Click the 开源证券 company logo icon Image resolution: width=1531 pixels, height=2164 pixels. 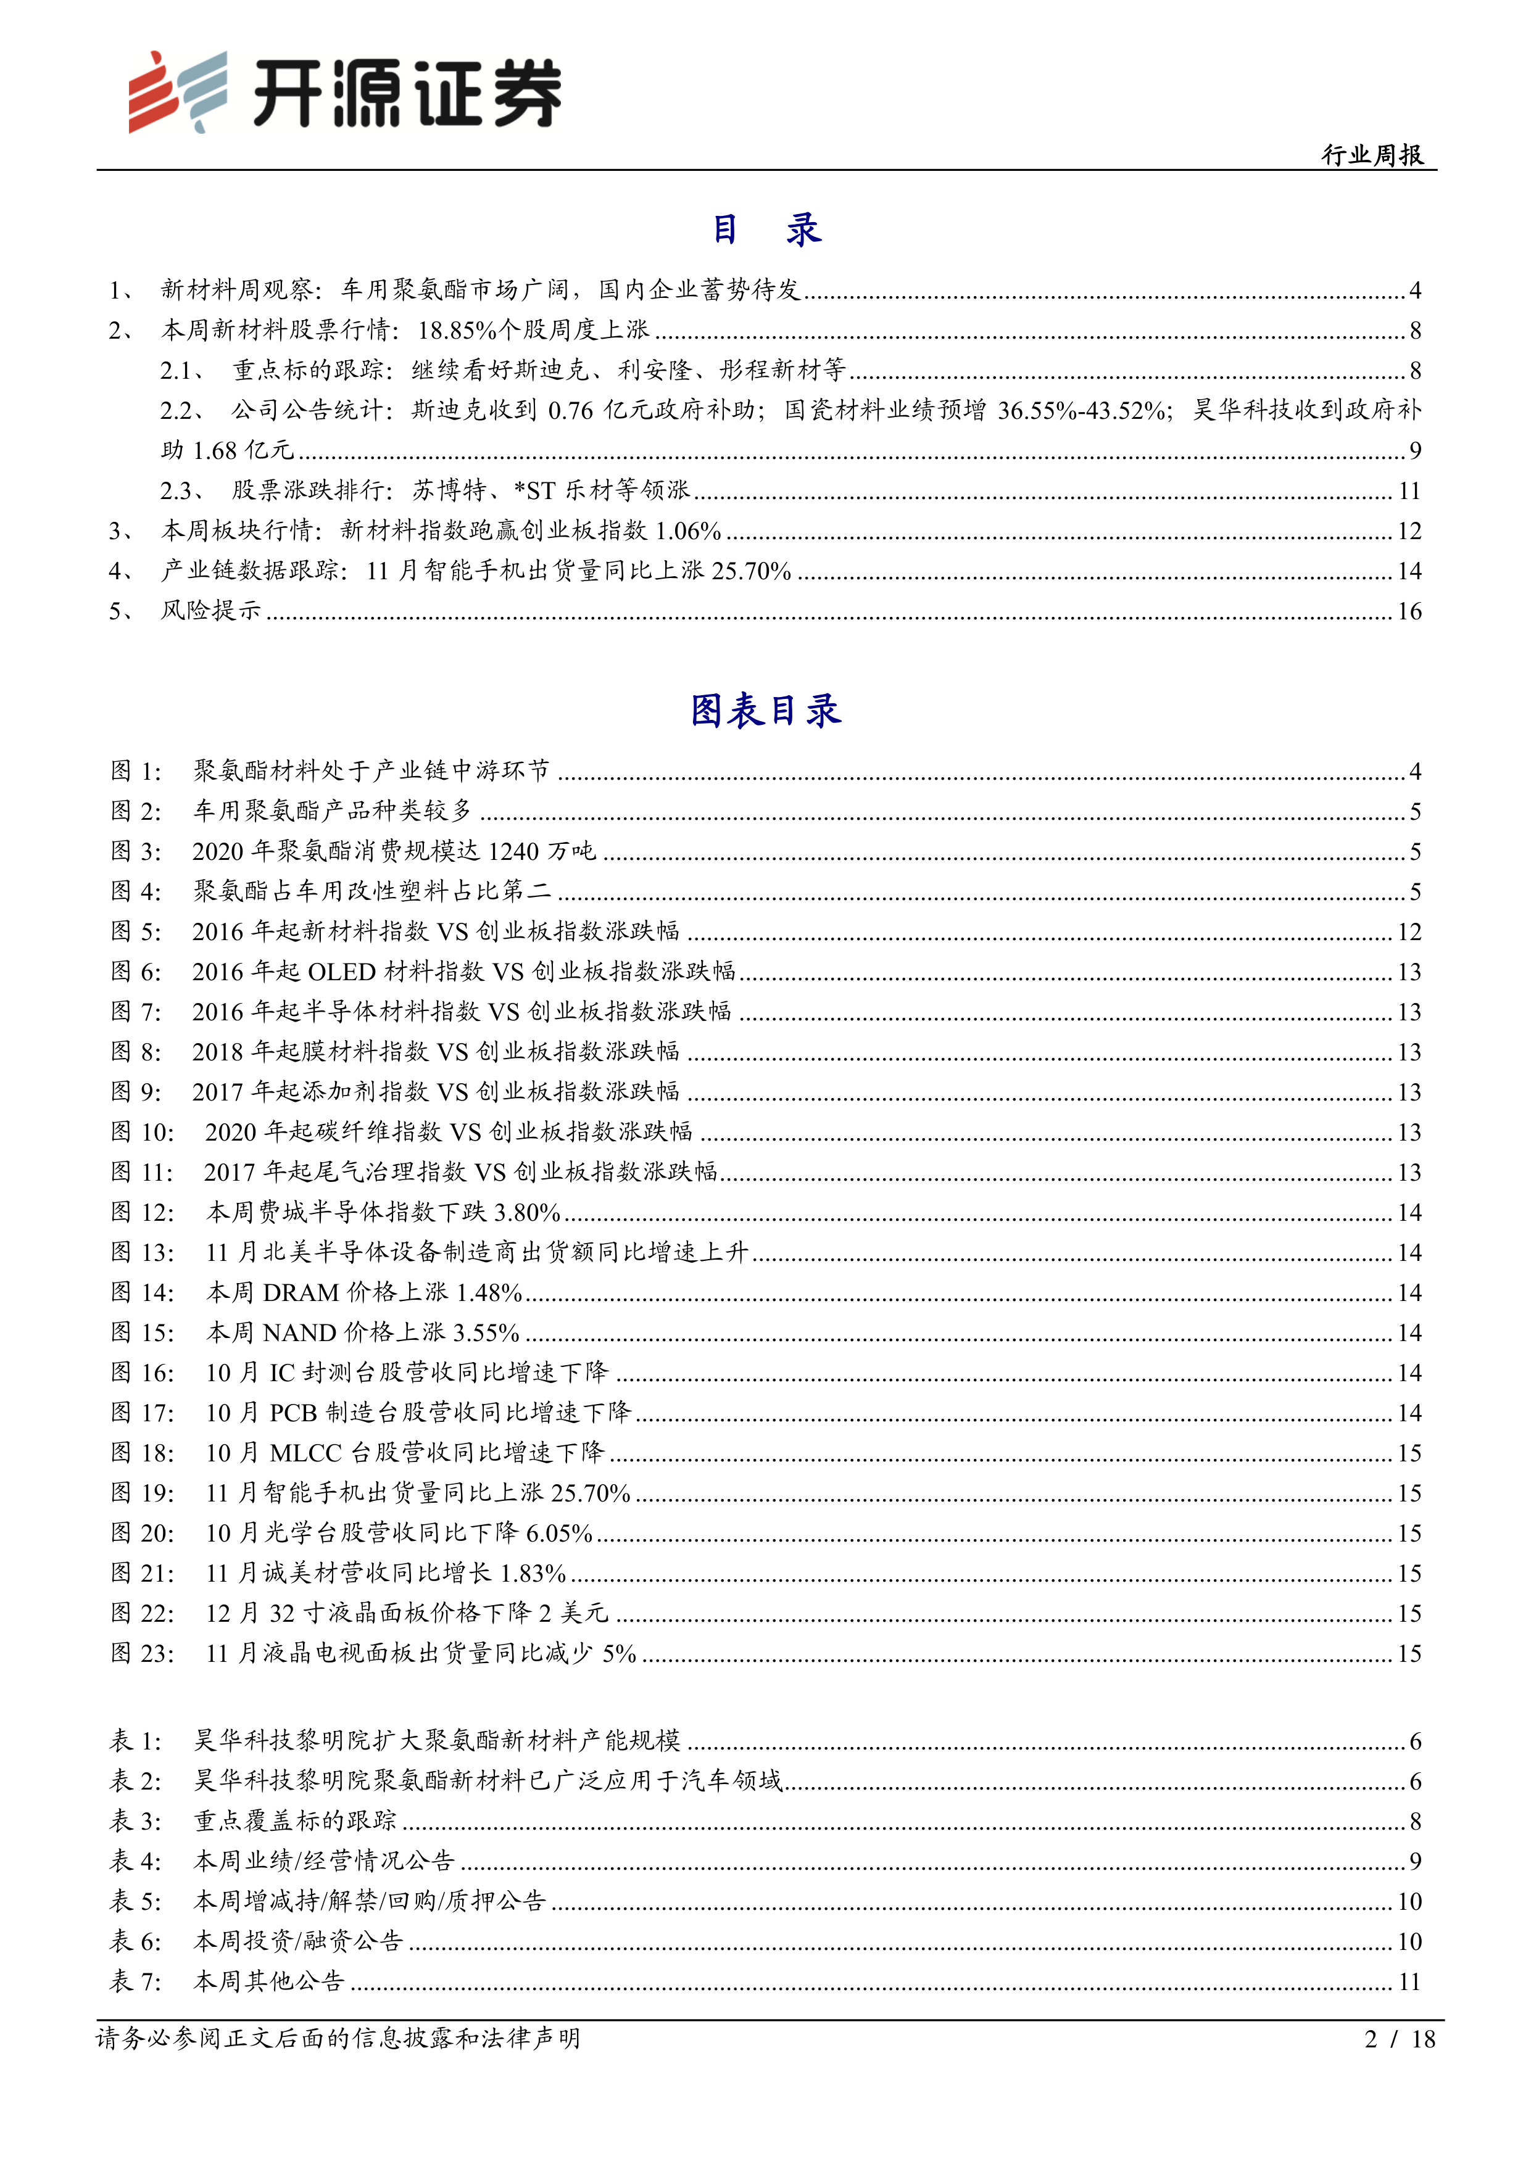click(178, 91)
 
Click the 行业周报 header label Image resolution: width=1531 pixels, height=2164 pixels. click(1372, 155)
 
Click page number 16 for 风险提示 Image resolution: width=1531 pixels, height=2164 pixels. click(1408, 612)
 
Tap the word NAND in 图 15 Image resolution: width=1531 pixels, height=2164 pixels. click(300, 1332)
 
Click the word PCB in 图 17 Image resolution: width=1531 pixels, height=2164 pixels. click(293, 1413)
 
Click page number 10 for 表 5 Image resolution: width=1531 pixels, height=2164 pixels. click(1408, 1901)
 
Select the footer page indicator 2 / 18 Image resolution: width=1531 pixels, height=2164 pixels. click(1399, 2039)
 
